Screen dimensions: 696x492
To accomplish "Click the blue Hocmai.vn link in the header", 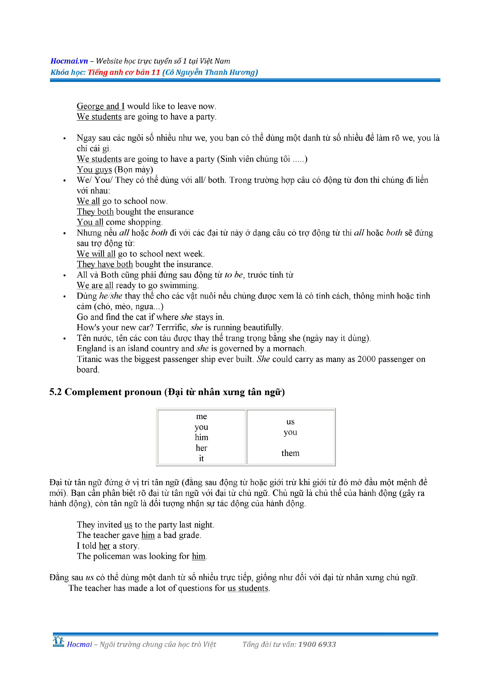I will pos(69,61).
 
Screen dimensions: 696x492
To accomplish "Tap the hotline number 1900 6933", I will pos(317,644).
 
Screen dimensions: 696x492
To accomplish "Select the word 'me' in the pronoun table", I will pos(201,416).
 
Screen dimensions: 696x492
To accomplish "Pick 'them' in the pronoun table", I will pos(290,453).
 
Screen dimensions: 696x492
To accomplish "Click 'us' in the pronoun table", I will pos(290,422).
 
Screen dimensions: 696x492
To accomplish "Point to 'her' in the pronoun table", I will pos(201,448).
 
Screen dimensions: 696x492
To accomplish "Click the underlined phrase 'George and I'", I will pos(100,106).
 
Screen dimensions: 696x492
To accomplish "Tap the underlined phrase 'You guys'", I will pos(94,169).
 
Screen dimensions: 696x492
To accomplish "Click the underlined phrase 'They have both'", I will pos(105,264).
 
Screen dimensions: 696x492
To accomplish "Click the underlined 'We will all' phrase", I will pos(96,254).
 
